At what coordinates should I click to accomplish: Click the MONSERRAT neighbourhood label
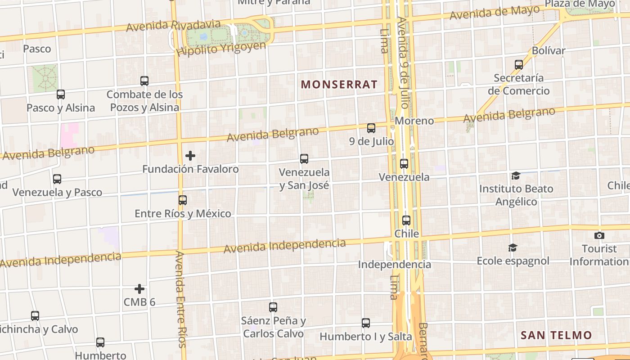[x=339, y=84]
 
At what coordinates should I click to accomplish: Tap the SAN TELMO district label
[x=556, y=335]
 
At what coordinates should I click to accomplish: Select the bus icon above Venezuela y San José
[x=304, y=159]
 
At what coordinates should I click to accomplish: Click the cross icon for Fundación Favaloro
[x=190, y=156]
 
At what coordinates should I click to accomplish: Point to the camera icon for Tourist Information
[x=599, y=235]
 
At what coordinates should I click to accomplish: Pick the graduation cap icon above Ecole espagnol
[x=513, y=247]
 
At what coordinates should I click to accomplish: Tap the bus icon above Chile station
[x=406, y=220]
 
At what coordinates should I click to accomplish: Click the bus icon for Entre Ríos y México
[x=183, y=200]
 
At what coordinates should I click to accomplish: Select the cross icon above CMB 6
[x=139, y=288]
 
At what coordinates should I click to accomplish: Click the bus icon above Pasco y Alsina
[x=61, y=94]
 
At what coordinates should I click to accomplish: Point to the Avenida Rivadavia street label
[x=173, y=26]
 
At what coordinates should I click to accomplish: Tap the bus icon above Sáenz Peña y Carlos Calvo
[x=273, y=307]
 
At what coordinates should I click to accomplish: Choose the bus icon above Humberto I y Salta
[x=366, y=323]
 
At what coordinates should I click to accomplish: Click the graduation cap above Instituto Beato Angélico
[x=516, y=175]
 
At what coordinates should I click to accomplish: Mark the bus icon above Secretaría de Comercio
[x=519, y=64]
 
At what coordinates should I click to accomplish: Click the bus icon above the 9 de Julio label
[x=371, y=128]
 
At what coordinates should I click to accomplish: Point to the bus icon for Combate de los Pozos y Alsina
[x=144, y=81]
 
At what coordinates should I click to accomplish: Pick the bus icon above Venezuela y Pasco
[x=57, y=179]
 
